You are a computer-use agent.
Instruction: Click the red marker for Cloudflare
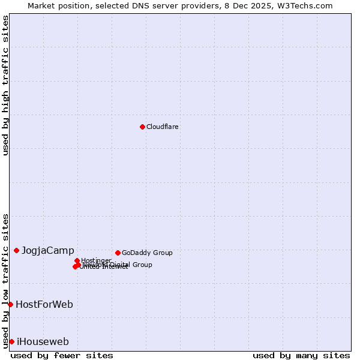click(x=142, y=127)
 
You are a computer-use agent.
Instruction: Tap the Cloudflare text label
click(x=163, y=127)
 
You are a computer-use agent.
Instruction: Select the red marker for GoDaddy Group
click(x=118, y=253)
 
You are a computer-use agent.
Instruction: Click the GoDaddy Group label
click(x=147, y=253)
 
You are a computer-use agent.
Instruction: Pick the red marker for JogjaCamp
click(x=16, y=250)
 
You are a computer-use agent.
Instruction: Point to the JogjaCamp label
click(x=48, y=250)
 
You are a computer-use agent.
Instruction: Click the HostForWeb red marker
click(x=10, y=304)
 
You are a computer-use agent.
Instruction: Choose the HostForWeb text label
click(x=44, y=304)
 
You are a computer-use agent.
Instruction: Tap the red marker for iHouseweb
click(x=11, y=341)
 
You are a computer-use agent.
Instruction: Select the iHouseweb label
click(x=43, y=342)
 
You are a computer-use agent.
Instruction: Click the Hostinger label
click(x=97, y=260)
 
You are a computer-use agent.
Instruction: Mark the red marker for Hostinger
click(x=77, y=260)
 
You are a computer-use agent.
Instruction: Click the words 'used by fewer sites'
click(x=62, y=355)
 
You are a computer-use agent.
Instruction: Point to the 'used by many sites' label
click(x=301, y=355)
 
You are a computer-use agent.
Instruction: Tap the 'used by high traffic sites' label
click(x=5, y=85)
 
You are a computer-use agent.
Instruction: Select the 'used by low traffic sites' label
click(x=5, y=280)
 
